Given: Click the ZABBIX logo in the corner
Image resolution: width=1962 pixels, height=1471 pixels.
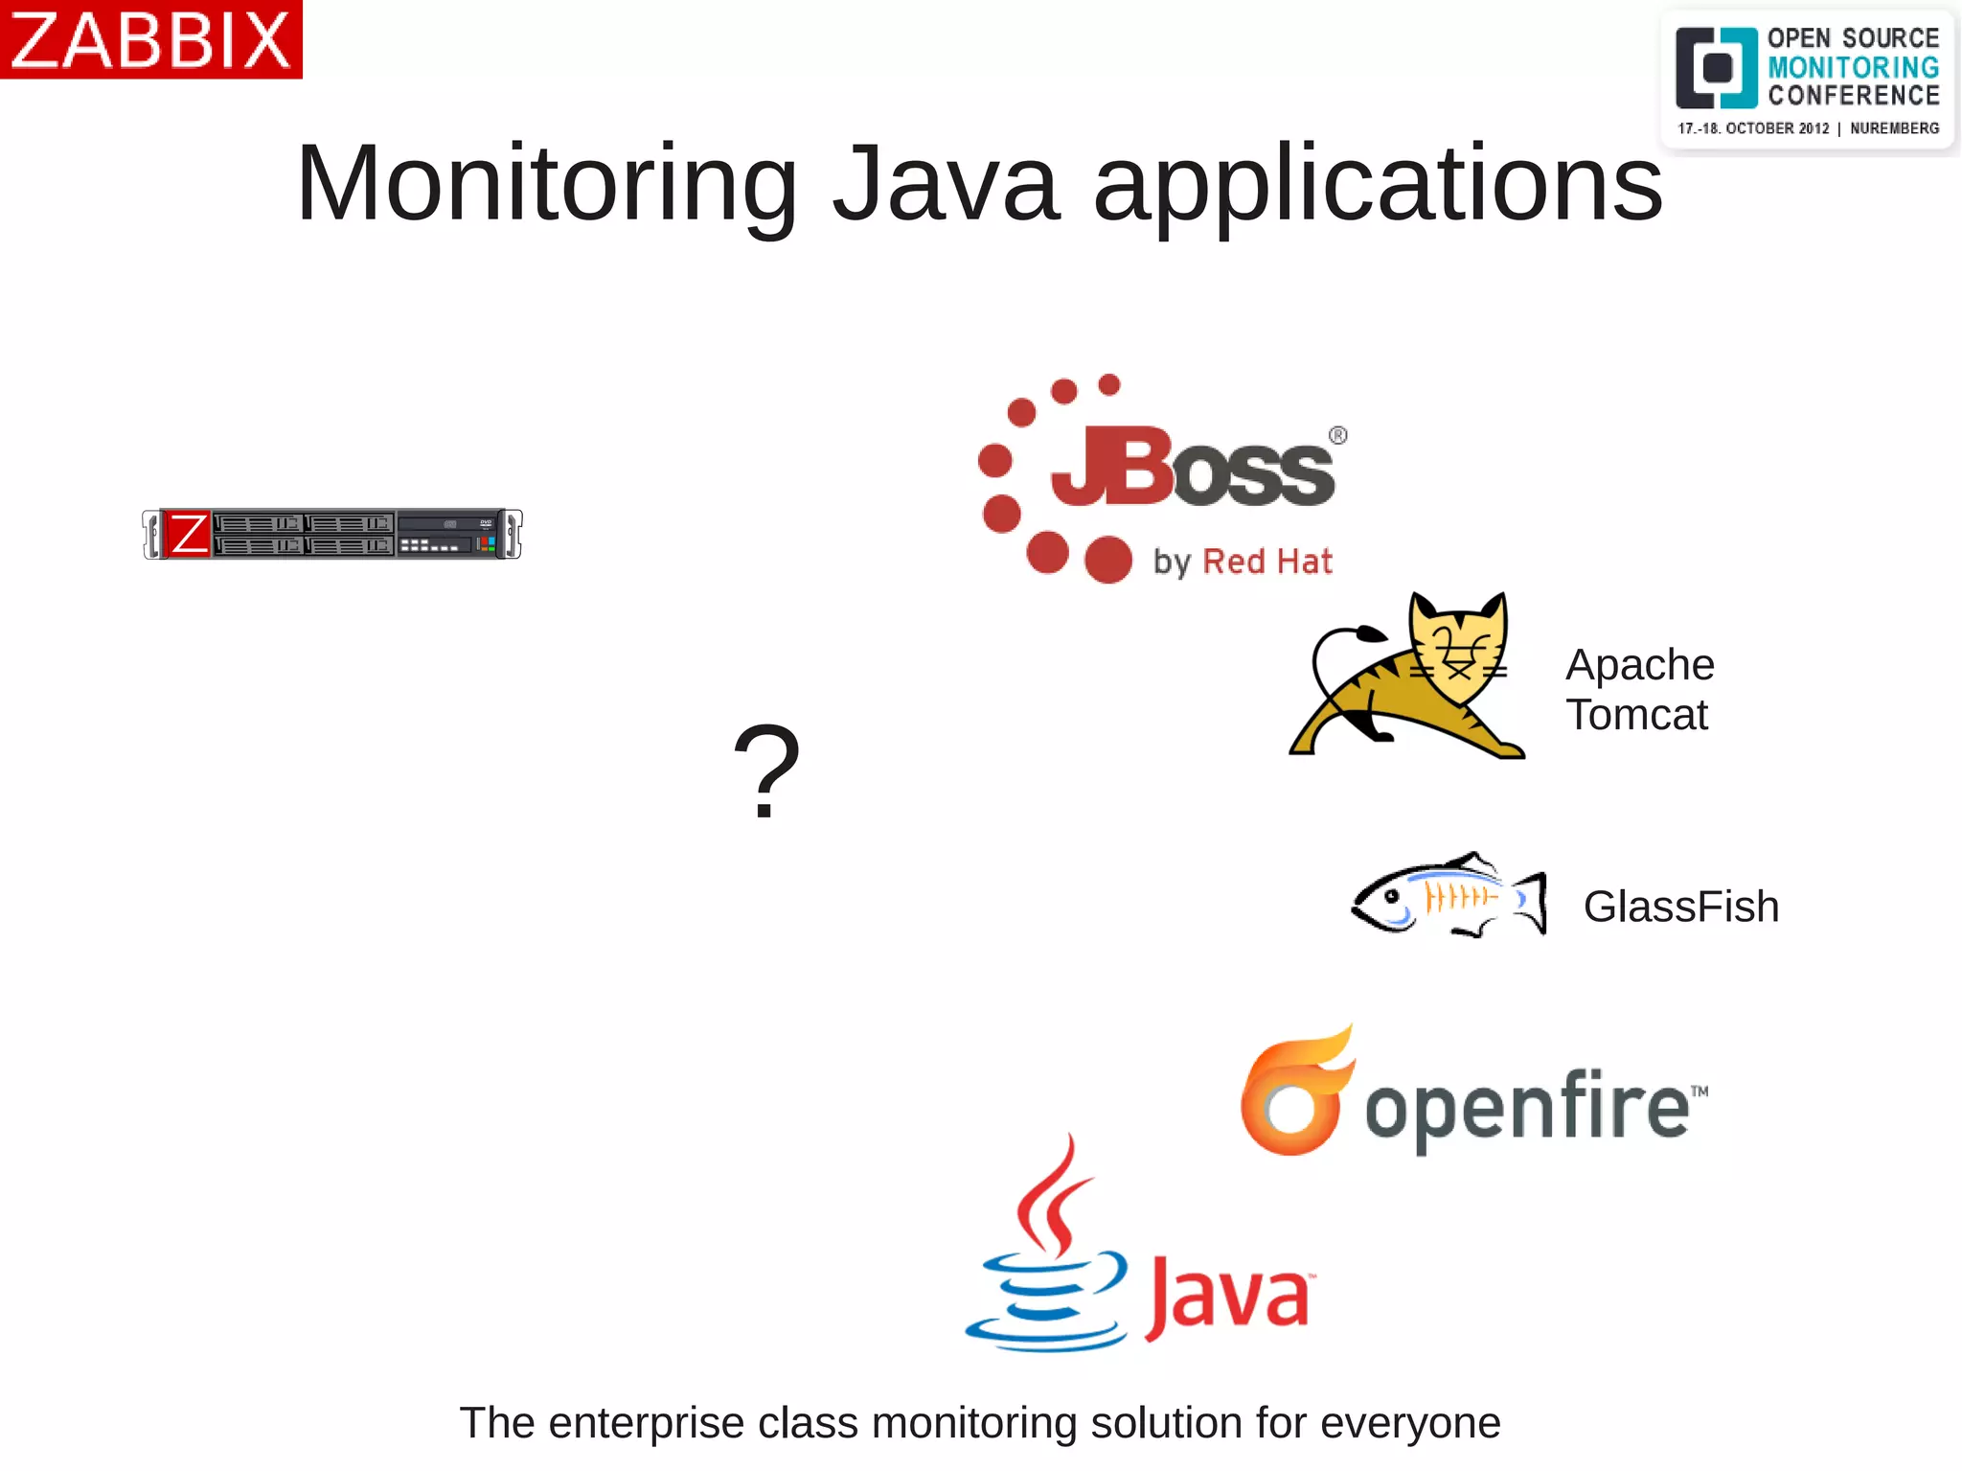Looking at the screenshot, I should tap(150, 39).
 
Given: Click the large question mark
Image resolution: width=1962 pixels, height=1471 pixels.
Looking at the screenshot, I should tap(765, 771).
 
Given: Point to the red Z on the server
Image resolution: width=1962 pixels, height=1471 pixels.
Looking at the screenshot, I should tap(188, 534).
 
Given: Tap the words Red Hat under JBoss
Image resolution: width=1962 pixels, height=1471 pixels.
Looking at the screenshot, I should tap(1266, 562).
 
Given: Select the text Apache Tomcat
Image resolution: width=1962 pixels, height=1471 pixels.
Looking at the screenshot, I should tap(1639, 689).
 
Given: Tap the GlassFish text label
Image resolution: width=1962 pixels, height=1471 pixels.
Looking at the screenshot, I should tap(1680, 907).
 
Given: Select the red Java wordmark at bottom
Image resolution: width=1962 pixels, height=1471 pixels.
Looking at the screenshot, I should tap(1228, 1298).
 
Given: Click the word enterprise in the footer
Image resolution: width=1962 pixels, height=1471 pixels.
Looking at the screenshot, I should tap(646, 1423).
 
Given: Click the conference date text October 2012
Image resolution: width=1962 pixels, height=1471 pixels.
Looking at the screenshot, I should tap(1776, 128).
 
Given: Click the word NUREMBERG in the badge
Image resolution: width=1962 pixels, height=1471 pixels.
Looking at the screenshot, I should tap(1894, 128).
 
